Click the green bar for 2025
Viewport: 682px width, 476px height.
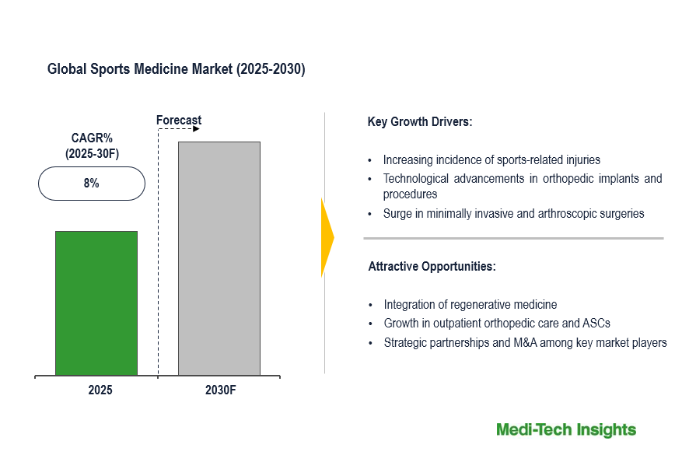click(96, 303)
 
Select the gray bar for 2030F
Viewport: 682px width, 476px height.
click(219, 258)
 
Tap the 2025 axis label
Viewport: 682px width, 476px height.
click(100, 390)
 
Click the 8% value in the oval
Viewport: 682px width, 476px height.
click(92, 184)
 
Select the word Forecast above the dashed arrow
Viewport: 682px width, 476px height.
click(179, 120)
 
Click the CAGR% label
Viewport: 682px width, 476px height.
click(92, 138)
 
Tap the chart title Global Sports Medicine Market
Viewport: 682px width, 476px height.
click(177, 69)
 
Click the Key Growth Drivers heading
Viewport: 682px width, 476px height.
click(420, 122)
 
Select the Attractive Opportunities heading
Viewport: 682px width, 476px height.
click(432, 266)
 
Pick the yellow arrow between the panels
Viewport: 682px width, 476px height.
click(327, 237)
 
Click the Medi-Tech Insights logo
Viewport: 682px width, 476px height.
click(566, 430)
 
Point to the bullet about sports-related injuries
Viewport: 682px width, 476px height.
click(491, 160)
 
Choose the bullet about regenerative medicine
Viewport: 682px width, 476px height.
click(470, 305)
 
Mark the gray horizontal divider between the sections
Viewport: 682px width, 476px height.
click(513, 238)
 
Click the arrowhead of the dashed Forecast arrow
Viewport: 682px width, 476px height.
click(196, 129)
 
